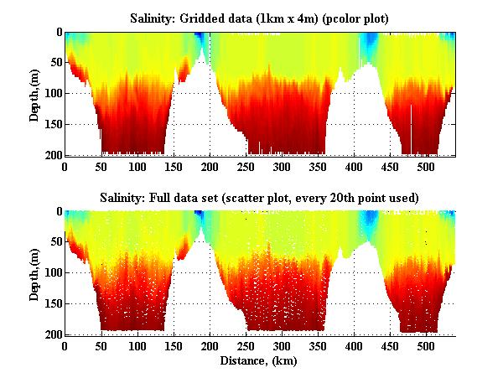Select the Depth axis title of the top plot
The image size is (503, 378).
click(34, 94)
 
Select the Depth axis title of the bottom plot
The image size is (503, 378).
click(34, 273)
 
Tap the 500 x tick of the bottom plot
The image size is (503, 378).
click(426, 346)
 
